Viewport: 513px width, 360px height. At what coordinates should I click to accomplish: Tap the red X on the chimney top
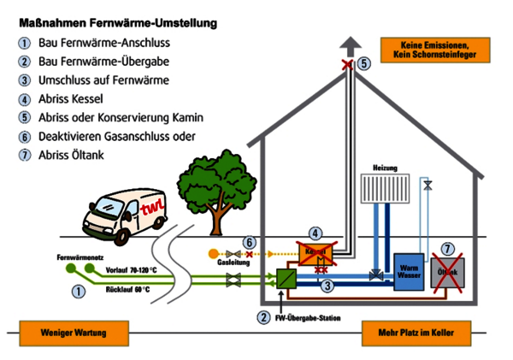[x=347, y=65]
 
